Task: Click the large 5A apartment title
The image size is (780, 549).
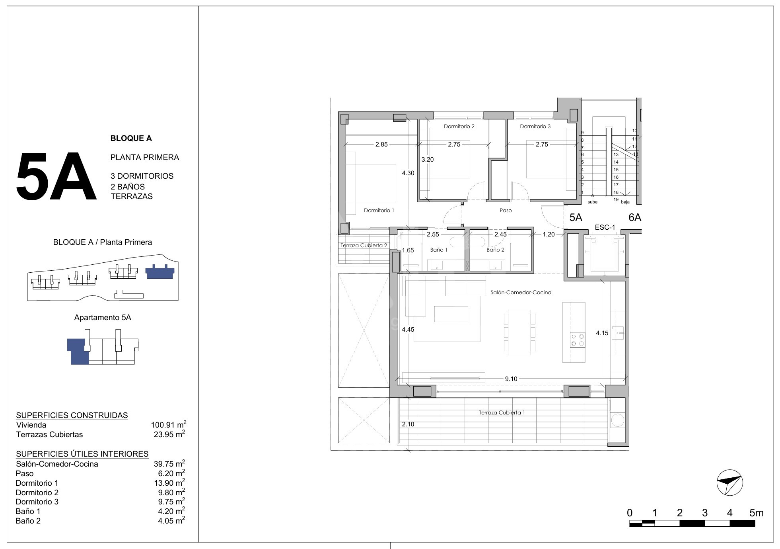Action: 56,177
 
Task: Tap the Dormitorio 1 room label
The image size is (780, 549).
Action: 379,210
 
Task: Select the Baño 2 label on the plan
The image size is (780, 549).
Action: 495,250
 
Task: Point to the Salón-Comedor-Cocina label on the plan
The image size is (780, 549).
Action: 521,292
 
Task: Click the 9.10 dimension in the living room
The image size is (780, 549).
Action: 511,379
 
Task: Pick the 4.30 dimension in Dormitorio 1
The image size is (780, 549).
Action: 408,173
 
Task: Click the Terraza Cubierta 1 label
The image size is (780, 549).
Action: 502,412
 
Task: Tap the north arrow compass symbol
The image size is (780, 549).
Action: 729,483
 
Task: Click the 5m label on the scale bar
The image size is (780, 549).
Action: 756,513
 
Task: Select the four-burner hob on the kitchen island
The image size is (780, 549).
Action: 578,340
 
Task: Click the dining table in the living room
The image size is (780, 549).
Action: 519,332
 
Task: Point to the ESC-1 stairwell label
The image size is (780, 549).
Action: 605,227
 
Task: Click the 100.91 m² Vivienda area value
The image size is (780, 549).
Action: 169,424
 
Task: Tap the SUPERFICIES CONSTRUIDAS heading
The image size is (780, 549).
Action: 72,415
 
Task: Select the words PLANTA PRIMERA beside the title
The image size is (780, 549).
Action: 145,157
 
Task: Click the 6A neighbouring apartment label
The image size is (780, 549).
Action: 635,217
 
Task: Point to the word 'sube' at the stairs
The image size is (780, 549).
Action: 592,202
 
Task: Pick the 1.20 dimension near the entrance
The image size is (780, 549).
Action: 549,234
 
